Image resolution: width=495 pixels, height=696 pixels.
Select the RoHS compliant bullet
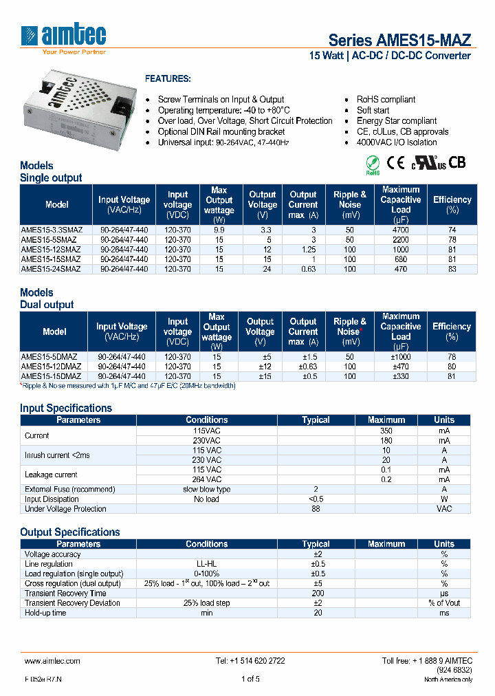386,100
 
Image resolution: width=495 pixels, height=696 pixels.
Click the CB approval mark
458,163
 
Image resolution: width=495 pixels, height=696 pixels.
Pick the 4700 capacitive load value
401,230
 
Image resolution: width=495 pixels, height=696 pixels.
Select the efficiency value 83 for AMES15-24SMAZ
452,269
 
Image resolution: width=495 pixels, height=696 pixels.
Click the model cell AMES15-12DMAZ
50,367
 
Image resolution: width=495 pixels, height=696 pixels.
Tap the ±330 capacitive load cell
401,376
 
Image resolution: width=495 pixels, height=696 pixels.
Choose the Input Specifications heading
66,408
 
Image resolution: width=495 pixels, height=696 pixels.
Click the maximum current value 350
386,431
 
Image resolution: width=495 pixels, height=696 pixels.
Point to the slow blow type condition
206,489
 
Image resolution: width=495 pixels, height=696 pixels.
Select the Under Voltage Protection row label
65,509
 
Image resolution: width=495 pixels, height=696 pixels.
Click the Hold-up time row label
45,612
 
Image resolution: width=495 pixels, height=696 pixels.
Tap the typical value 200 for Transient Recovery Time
316,593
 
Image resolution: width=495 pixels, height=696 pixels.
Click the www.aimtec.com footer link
52,660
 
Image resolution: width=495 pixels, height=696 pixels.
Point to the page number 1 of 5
250,679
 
